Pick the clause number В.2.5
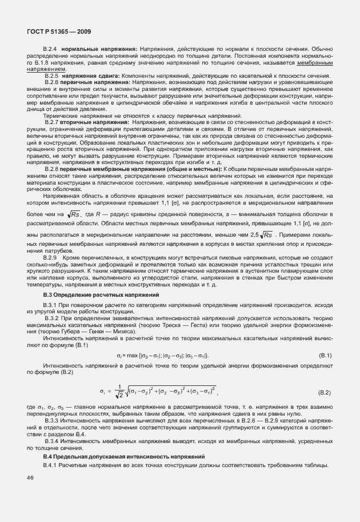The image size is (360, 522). (51, 76)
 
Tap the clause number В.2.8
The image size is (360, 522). (51, 169)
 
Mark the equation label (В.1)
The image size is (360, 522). (325, 356)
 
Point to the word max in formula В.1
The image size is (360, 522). (131, 356)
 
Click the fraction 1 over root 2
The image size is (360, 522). (120, 392)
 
